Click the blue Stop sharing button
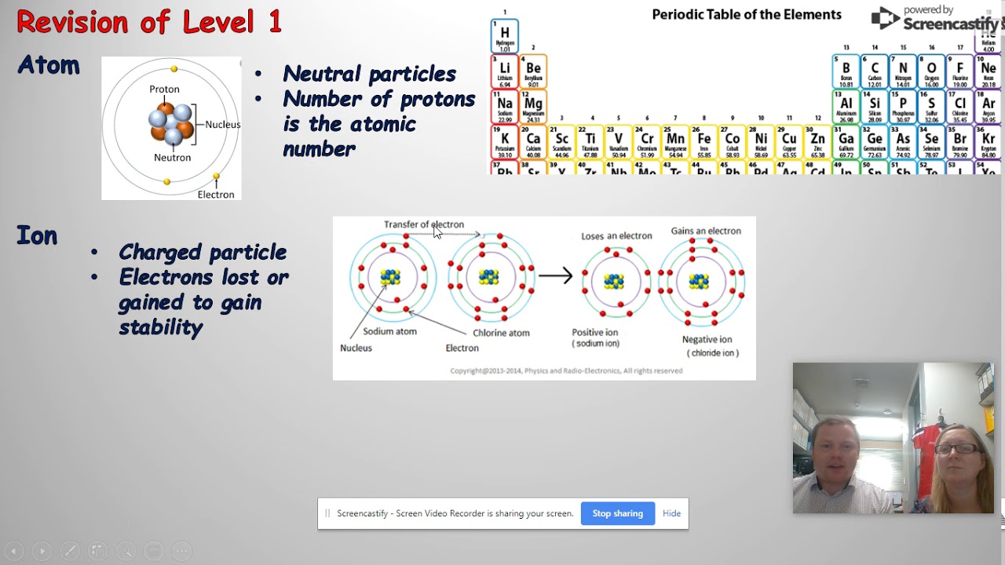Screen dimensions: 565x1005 click(617, 513)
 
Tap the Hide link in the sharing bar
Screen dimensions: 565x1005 click(671, 513)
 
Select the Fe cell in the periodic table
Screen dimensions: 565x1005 click(703, 142)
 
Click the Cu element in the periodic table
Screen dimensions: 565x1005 click(789, 142)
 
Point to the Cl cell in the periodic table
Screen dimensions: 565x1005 click(960, 107)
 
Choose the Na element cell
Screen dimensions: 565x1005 click(505, 107)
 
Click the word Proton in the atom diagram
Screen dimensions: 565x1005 click(164, 89)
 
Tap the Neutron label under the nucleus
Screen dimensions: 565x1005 click(172, 158)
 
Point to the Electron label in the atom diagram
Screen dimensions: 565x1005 click(216, 195)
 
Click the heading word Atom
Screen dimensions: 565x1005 click(49, 65)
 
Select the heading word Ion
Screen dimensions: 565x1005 click(37, 235)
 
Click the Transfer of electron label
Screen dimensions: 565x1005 click(423, 224)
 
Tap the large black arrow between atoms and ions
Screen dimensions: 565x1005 click(555, 276)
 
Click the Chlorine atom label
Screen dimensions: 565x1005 click(501, 333)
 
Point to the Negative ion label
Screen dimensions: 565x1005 click(707, 340)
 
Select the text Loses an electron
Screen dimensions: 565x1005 click(616, 236)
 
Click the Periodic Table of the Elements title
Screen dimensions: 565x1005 click(747, 15)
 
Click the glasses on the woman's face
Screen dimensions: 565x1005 click(958, 449)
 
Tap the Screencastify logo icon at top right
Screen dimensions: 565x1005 click(885, 18)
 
